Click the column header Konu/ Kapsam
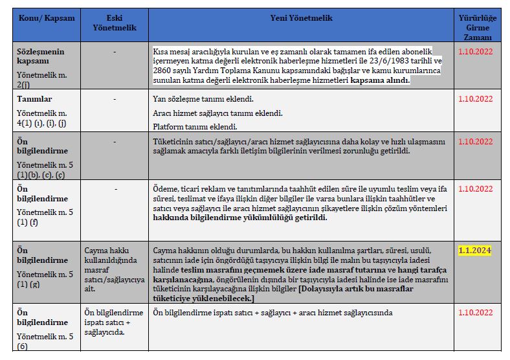[47, 18]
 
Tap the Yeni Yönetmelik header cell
[301, 18]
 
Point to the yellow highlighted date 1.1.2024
[475, 251]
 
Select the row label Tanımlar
[34, 99]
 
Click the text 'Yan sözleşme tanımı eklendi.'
[203, 100]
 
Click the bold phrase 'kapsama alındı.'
[380, 81]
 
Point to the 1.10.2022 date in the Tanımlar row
[475, 100]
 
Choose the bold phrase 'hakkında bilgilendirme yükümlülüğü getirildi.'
[240, 218]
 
